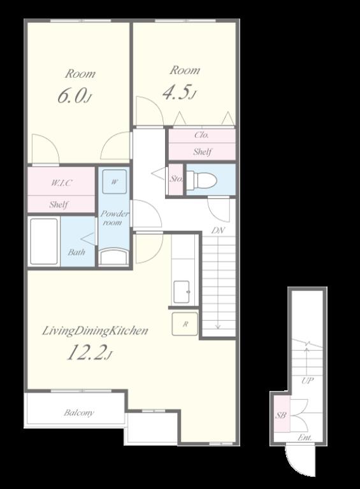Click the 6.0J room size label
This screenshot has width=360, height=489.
(75, 96)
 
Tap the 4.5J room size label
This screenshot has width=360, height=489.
(180, 92)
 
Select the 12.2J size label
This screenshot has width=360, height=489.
(90, 352)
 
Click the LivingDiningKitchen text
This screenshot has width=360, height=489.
(95, 330)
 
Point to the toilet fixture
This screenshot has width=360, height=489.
(202, 180)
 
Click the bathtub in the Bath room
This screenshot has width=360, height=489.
(44, 241)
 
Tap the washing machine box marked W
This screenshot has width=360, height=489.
(115, 181)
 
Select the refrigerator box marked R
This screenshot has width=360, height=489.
(185, 324)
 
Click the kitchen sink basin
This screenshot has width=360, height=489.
(181, 292)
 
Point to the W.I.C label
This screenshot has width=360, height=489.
(61, 183)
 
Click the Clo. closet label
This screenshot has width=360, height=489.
(201, 135)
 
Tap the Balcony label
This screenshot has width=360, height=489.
(78, 413)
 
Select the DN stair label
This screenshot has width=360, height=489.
(218, 230)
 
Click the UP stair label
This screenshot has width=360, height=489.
(307, 381)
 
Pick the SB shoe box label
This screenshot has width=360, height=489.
(281, 415)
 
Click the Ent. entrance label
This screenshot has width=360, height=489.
(305, 437)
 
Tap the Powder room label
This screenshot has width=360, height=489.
(113, 218)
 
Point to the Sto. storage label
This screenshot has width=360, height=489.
(176, 179)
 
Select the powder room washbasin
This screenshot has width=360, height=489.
(113, 257)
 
